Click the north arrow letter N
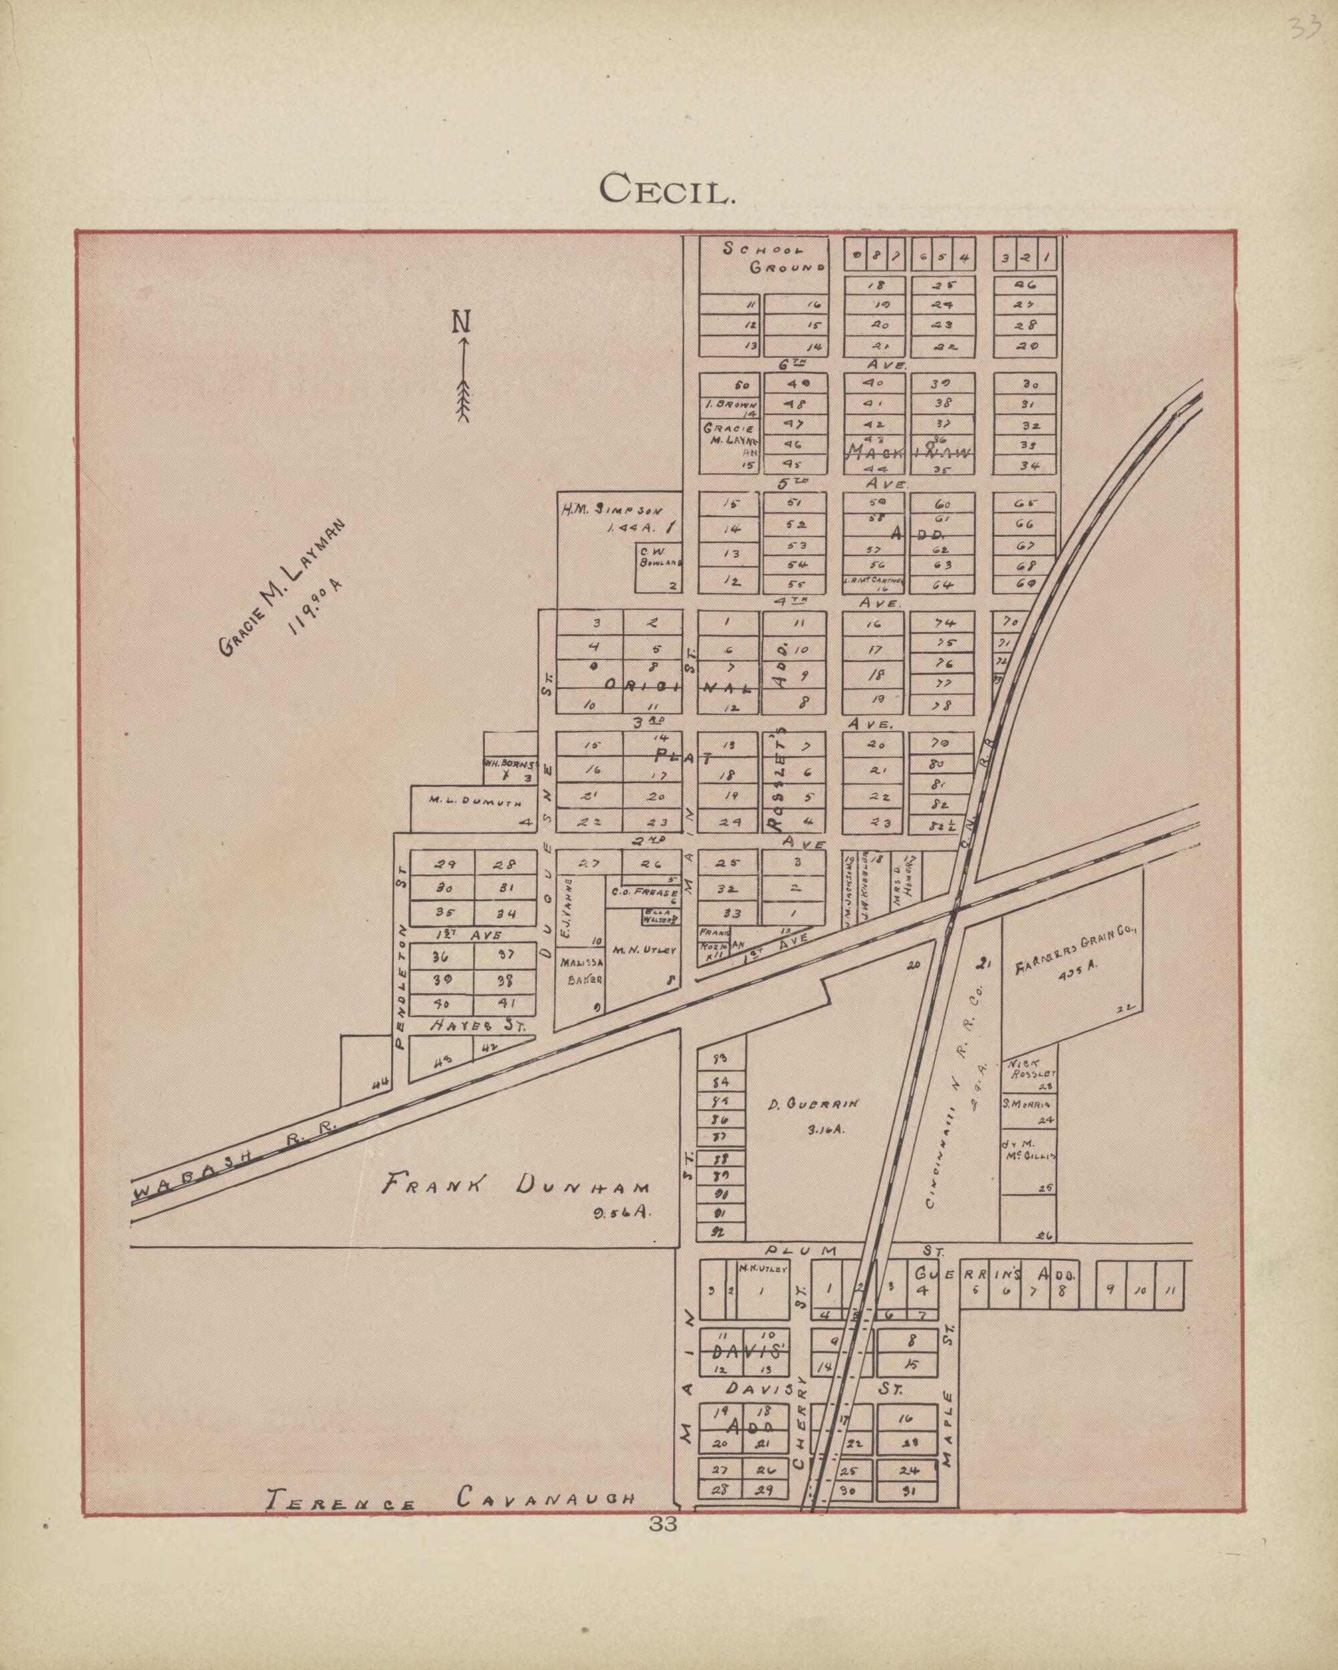462,322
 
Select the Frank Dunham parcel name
516,1186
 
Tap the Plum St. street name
853,1250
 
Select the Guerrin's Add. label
995,1274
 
